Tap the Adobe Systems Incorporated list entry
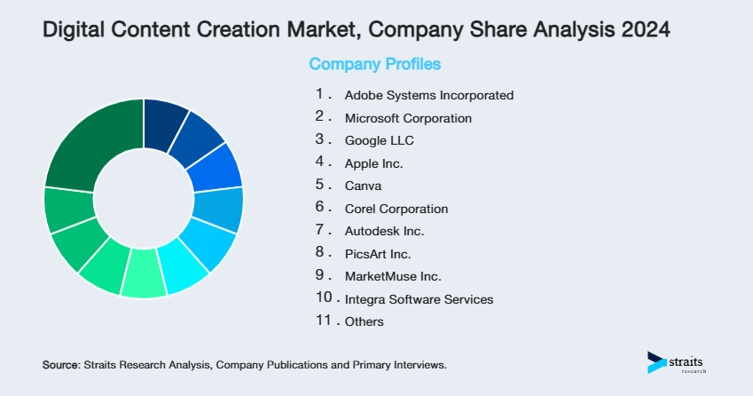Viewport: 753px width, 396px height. (429, 95)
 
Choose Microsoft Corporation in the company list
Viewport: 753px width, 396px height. (408, 118)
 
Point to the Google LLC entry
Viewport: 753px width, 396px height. (380, 140)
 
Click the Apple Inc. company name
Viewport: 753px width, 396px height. (373, 163)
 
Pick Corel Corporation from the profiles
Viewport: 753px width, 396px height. (396, 209)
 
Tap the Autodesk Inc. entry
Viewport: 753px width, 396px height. (385, 231)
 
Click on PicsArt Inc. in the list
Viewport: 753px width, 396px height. (378, 254)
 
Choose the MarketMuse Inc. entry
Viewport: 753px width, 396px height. (393, 276)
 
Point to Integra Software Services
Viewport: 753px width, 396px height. (419, 299)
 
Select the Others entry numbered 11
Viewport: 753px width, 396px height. (365, 321)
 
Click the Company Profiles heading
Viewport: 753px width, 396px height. (374, 65)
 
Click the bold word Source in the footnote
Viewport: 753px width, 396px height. (60, 365)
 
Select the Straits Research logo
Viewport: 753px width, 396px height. (678, 362)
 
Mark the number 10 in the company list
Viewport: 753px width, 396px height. (323, 298)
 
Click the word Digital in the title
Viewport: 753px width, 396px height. (73, 29)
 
